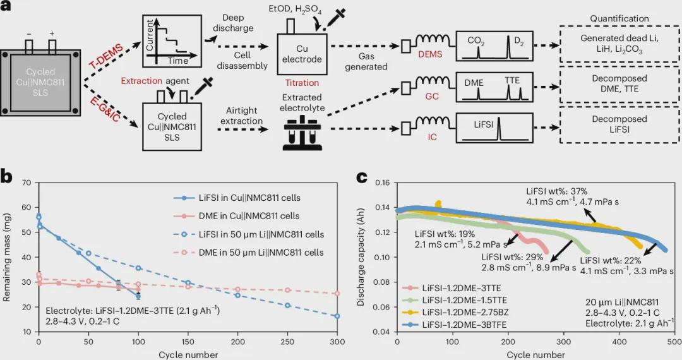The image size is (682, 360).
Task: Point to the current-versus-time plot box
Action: click(x=167, y=41)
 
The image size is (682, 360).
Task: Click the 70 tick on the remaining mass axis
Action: click(x=27, y=183)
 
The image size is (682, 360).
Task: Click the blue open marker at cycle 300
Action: click(x=337, y=316)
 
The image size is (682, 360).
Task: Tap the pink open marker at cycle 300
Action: click(x=337, y=294)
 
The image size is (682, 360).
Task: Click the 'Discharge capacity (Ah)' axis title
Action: click(x=361, y=258)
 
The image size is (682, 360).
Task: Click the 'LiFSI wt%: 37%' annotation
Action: click(x=557, y=190)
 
